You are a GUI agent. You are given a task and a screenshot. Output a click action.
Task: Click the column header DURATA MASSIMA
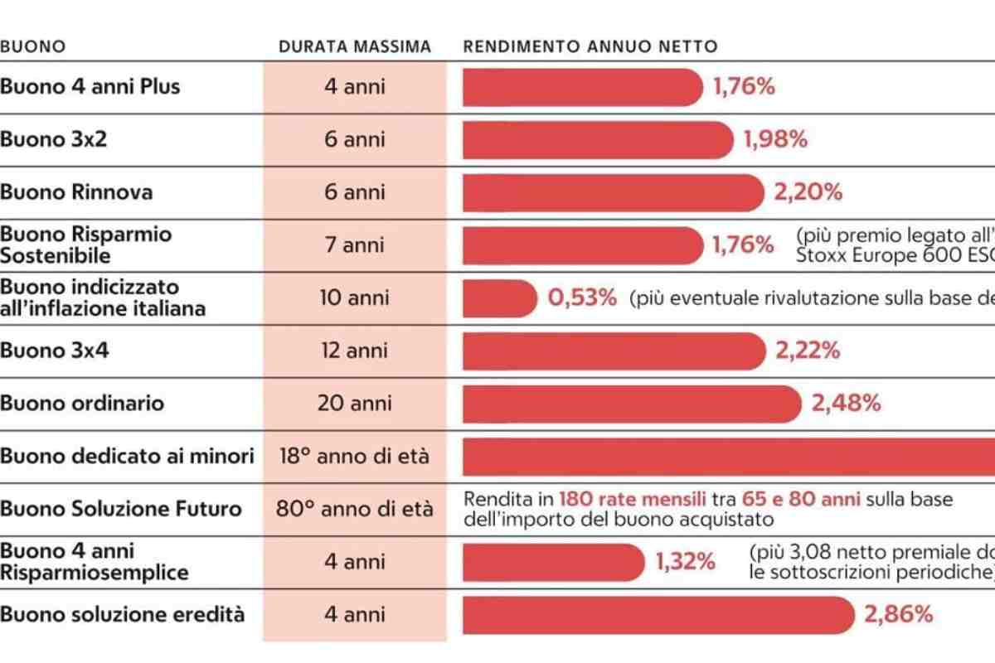coord(355,47)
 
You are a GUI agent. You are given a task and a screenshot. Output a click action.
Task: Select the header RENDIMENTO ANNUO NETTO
coord(590,47)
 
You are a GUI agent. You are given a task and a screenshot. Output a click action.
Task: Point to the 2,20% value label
coord(808,192)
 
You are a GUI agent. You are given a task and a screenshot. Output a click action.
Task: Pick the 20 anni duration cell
coord(355,404)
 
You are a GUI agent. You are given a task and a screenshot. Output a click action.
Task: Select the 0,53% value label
coord(582,298)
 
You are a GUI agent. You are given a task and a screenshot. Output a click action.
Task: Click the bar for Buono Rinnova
coord(614,192)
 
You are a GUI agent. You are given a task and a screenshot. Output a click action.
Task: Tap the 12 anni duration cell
coord(355,351)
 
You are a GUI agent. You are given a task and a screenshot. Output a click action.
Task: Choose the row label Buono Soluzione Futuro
coord(121,509)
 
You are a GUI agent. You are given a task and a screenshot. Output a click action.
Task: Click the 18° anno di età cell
coord(355,456)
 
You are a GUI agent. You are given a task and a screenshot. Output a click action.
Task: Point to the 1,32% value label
coord(685,562)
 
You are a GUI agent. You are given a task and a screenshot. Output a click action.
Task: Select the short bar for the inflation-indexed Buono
coord(499,298)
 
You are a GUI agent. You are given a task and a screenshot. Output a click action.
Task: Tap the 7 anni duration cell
coord(355,245)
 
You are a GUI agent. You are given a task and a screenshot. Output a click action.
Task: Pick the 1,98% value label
coord(775,139)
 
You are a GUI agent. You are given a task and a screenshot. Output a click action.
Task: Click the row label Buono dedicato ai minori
coord(127,456)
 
